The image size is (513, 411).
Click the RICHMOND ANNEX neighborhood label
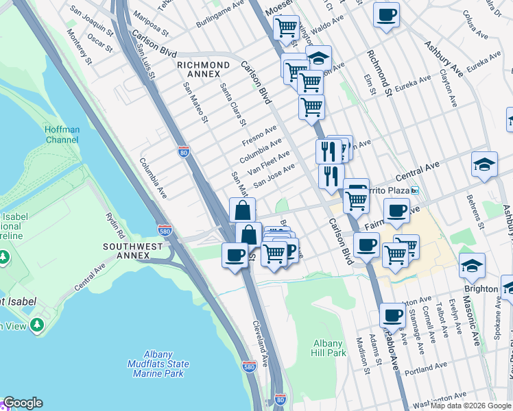[x=203, y=68]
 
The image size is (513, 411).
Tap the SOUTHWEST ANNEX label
[x=126, y=250]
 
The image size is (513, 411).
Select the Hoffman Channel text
[x=62, y=134]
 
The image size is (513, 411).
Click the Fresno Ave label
[x=260, y=135]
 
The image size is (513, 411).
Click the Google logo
[x=23, y=403]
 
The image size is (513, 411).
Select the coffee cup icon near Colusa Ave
[x=387, y=14]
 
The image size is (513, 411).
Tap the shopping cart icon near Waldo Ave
[x=286, y=28]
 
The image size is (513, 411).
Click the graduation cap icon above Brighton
[x=473, y=264]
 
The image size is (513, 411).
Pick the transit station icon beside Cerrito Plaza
[x=414, y=190]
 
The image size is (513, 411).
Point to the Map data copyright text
[x=470, y=406]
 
